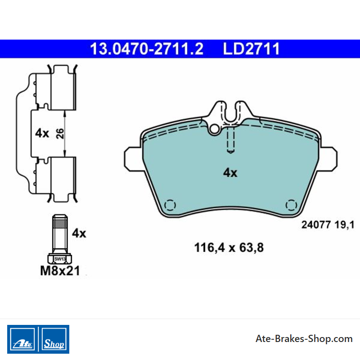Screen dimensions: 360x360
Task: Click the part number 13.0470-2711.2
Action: pyautogui.click(x=147, y=49)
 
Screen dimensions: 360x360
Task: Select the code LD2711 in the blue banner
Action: pyautogui.click(x=252, y=49)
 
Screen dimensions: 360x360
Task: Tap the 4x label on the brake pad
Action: pyautogui.click(x=230, y=172)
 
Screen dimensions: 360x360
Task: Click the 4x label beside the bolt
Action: pyautogui.click(x=79, y=233)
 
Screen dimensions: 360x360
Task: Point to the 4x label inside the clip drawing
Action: pyautogui.click(x=42, y=133)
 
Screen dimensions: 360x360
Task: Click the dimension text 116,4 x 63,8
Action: pyautogui.click(x=229, y=248)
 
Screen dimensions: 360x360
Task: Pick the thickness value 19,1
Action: pyautogui.click(x=344, y=225)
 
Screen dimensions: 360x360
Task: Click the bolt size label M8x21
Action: pyautogui.click(x=60, y=271)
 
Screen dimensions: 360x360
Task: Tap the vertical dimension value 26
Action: pyautogui.click(x=60, y=134)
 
